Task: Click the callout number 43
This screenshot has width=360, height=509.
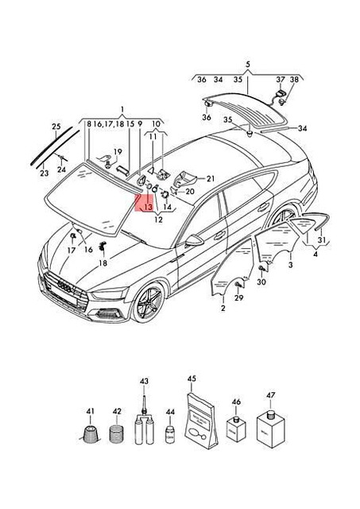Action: tap(145, 383)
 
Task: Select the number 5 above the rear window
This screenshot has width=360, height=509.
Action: tap(247, 64)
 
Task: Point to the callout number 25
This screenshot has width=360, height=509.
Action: tap(56, 126)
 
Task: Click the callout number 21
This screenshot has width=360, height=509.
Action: tap(211, 178)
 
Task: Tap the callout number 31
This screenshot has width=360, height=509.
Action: tap(320, 240)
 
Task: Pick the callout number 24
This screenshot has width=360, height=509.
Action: tap(62, 169)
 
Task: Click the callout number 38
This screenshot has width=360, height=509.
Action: tap(294, 80)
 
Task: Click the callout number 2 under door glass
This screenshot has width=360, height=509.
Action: tap(223, 308)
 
